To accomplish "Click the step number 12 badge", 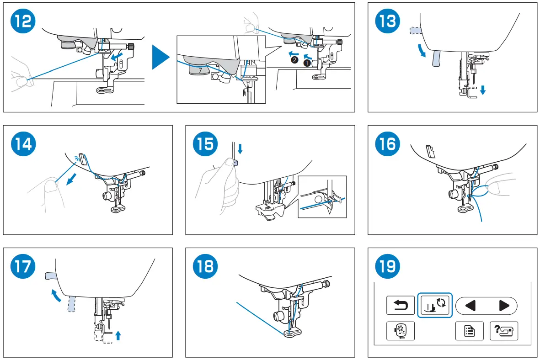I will (22, 21).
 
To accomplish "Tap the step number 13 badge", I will (387, 21).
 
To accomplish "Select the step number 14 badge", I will (22, 144).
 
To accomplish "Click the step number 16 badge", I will (387, 144).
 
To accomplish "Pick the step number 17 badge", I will (22, 266).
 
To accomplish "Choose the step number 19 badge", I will (387, 266).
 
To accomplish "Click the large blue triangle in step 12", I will (160, 57).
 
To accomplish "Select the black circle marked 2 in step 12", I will (294, 60).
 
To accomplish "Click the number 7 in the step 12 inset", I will (199, 71).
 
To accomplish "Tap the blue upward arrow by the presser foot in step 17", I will (118, 336).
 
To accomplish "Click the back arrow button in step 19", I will (401, 305).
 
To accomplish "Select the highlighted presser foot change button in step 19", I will (435, 305).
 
